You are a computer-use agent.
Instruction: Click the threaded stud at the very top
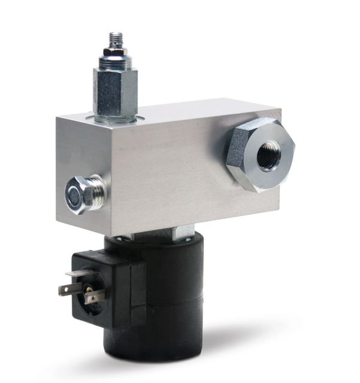point(114,40)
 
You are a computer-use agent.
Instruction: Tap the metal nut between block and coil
point(180,233)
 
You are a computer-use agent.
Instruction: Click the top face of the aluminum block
point(180,111)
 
